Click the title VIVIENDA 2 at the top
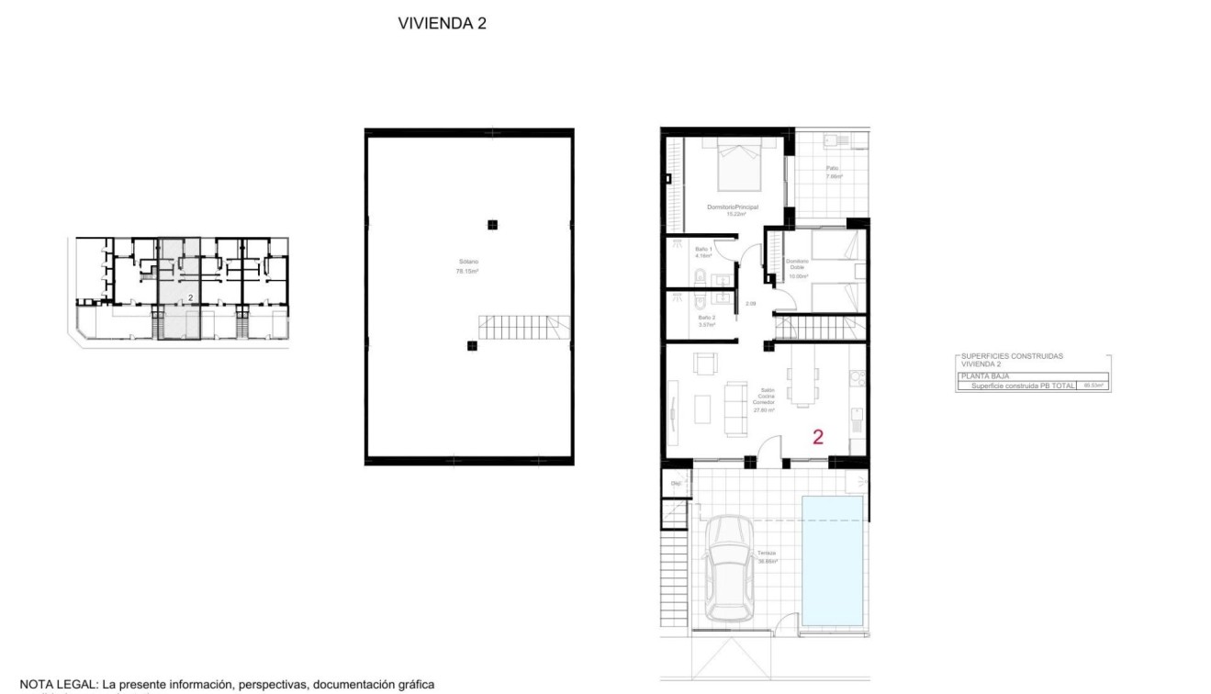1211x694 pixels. (x=442, y=25)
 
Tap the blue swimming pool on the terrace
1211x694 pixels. (x=833, y=558)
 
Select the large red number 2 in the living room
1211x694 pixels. (x=818, y=437)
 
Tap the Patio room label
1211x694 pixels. (x=833, y=173)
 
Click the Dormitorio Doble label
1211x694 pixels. (x=797, y=268)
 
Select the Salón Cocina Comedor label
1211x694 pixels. (x=764, y=400)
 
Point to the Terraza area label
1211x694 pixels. (x=767, y=557)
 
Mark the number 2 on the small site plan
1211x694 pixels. (x=190, y=297)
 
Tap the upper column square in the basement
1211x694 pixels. (x=493, y=224)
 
